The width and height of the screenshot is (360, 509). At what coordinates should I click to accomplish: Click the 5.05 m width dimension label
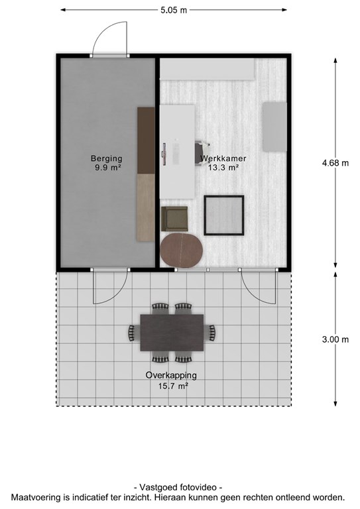click(x=174, y=10)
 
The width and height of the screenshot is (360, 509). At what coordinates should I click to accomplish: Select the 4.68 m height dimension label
click(x=335, y=163)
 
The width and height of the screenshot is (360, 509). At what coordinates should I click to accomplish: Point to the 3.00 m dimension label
click(x=335, y=339)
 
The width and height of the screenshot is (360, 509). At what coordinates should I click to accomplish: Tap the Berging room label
click(x=107, y=159)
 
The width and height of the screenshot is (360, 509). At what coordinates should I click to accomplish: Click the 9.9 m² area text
click(x=107, y=168)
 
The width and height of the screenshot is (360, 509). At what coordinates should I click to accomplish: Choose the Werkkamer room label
click(x=223, y=158)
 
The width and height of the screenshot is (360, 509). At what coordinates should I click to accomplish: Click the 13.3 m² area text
click(x=223, y=168)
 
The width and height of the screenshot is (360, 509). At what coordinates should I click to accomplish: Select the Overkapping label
click(x=171, y=376)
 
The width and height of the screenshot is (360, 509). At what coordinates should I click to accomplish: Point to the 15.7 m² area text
click(x=173, y=386)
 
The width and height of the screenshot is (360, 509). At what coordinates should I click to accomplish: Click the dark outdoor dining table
click(x=172, y=333)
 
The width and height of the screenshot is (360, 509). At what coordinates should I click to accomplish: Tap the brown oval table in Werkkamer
click(x=182, y=250)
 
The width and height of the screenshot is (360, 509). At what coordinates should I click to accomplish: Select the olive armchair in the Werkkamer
click(x=174, y=219)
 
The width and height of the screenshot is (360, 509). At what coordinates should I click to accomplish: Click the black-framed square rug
click(x=224, y=215)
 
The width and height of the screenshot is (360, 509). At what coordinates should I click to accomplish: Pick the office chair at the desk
click(x=202, y=153)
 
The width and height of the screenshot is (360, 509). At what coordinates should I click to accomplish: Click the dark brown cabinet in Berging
click(x=146, y=141)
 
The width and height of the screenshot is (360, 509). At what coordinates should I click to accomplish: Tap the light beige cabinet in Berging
click(x=146, y=207)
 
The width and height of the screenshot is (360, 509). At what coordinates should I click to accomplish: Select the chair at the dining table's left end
click(x=132, y=333)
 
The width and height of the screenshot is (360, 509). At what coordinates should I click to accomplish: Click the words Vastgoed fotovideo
click(x=178, y=487)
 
